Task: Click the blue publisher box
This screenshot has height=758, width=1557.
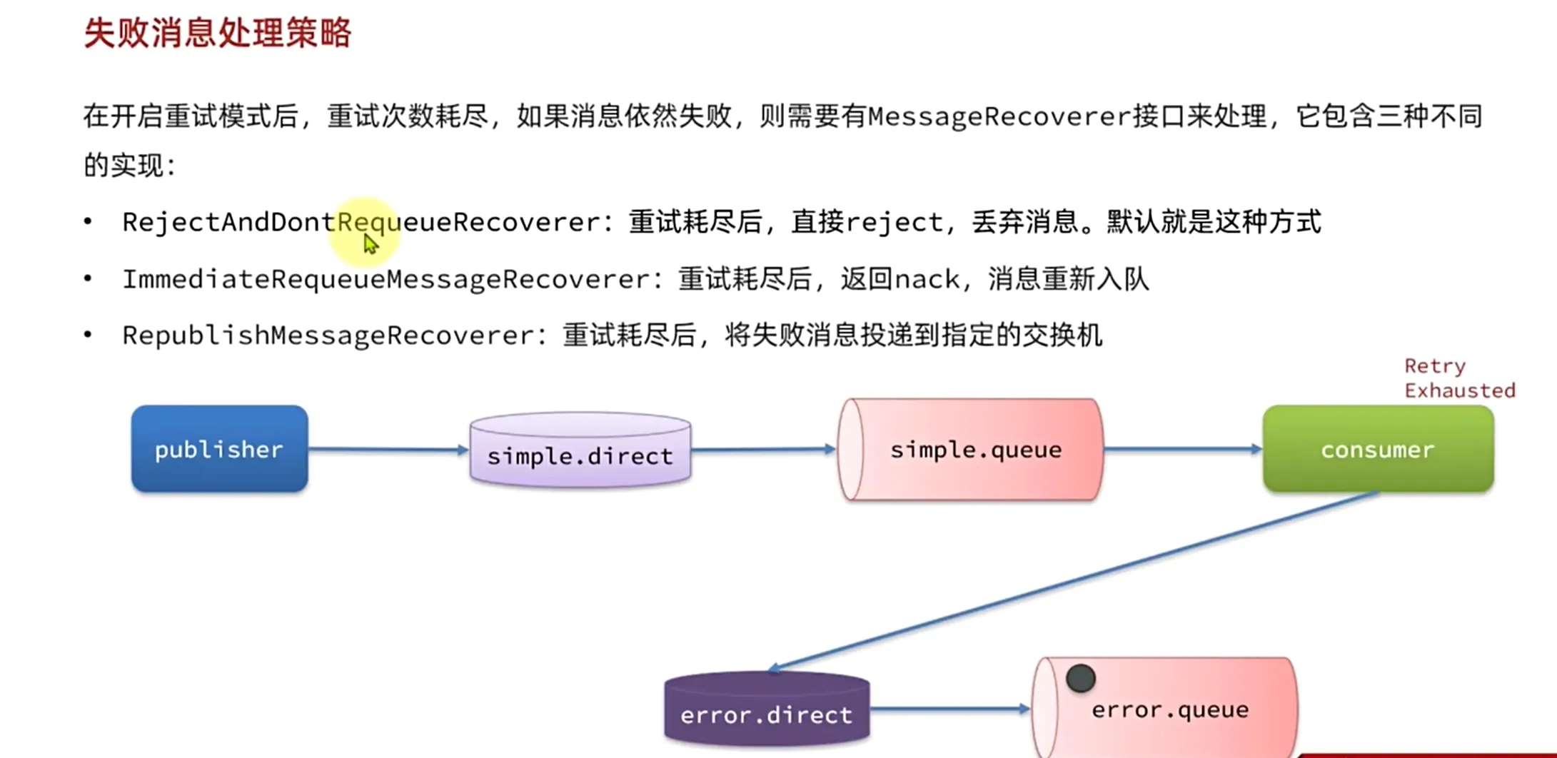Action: click(x=219, y=449)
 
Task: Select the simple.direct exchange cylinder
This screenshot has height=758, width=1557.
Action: click(x=580, y=451)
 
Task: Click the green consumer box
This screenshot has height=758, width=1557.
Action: click(x=1378, y=449)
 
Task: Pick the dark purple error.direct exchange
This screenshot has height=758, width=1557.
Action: click(x=767, y=711)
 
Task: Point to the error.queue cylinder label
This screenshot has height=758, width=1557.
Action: click(x=1170, y=709)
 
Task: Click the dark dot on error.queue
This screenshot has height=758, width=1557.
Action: click(x=1081, y=678)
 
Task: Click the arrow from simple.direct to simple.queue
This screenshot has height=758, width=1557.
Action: click(x=763, y=450)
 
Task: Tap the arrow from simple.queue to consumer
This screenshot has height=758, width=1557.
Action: click(x=1182, y=449)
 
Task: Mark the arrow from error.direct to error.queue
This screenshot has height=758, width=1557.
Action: click(x=950, y=709)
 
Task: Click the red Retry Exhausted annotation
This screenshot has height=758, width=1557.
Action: click(x=1458, y=378)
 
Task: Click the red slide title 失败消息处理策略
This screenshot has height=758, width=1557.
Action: click(x=218, y=33)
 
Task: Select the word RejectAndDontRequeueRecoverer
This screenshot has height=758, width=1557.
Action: click(x=361, y=222)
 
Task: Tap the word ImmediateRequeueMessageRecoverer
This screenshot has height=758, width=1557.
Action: click(x=386, y=279)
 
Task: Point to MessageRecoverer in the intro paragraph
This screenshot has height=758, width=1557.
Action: click(x=999, y=116)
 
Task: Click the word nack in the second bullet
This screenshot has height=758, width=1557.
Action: click(x=927, y=279)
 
